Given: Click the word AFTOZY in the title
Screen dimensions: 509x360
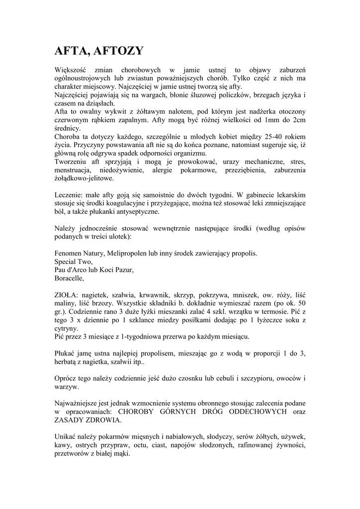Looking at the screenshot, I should coord(117,51).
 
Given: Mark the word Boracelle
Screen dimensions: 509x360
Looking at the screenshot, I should coord(70,278).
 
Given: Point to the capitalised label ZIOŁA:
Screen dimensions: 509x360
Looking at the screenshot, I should coord(67,295).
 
